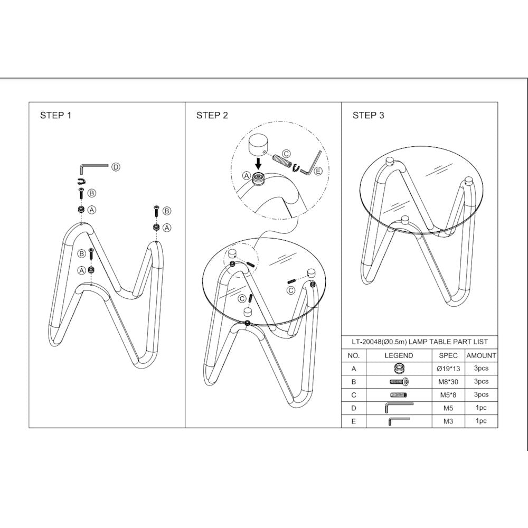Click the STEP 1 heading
pos(55,116)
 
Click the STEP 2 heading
pos(212,116)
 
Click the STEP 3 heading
pos(369,116)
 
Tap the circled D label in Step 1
pos(116,167)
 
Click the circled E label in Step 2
pos(317,171)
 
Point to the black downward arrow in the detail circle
pos(258,163)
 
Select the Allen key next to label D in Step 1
pos(93,168)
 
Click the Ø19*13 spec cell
pos(448,369)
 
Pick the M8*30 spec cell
pos(448,382)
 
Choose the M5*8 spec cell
pos(448,395)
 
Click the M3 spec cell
pos(448,421)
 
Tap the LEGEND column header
pos(399,355)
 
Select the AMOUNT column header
pos(481,355)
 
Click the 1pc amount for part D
pos(481,408)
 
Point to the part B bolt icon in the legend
pos(399,382)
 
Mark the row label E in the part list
pos(354,421)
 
